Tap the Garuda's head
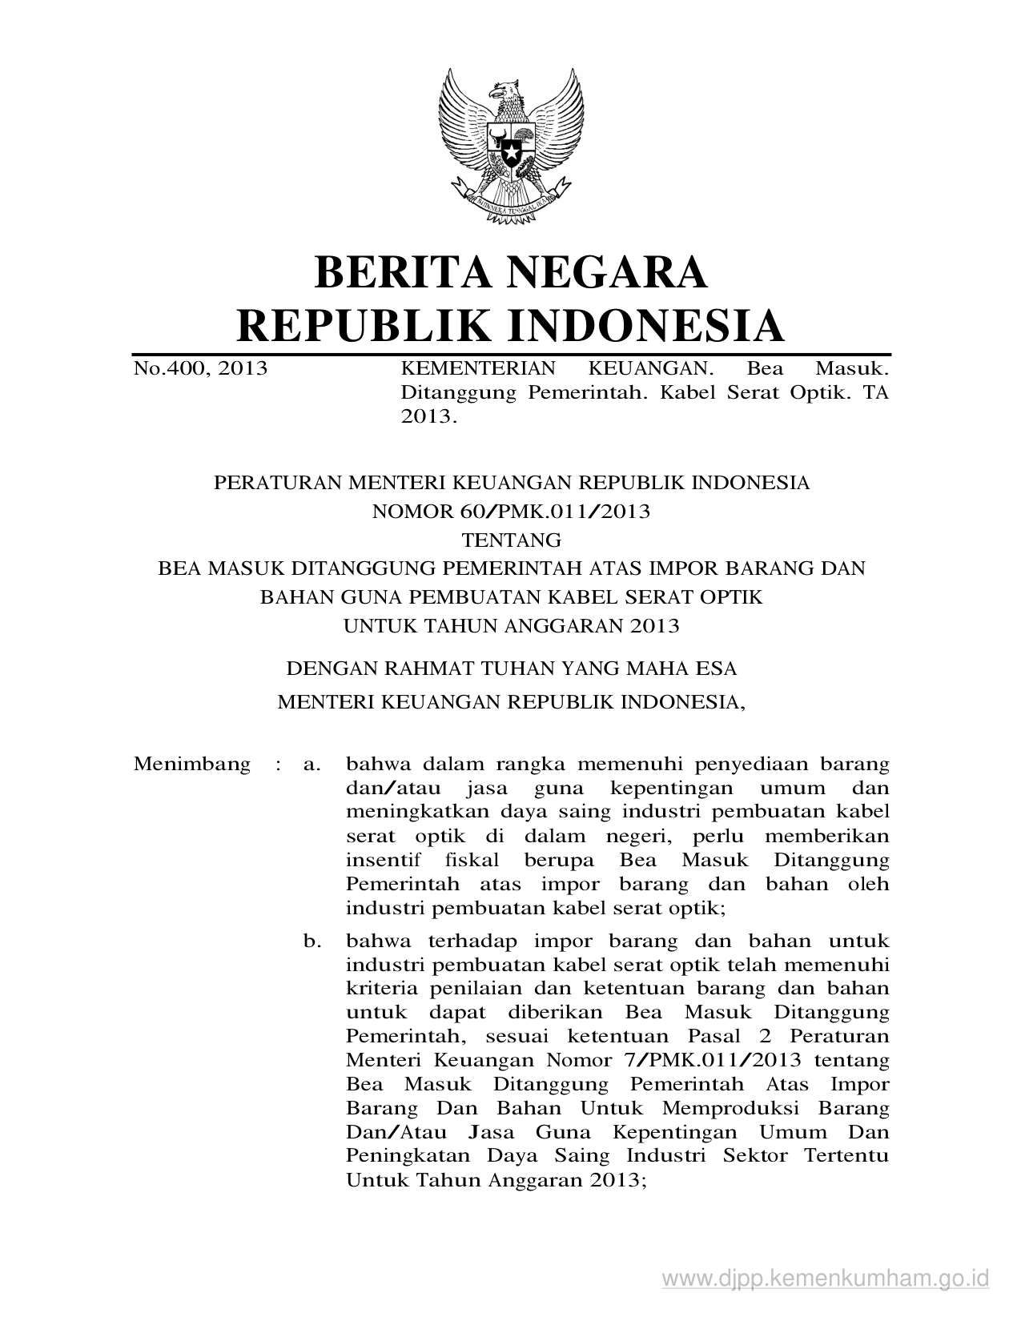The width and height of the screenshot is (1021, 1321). point(507,90)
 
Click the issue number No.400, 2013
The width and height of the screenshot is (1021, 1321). point(200,369)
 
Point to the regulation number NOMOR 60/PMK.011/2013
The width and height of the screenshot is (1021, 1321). point(511,512)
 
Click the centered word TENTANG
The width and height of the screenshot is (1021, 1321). point(511,540)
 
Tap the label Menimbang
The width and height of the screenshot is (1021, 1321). point(192,764)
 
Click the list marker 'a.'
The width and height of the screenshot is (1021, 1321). point(312,765)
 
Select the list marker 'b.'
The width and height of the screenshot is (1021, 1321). point(312,941)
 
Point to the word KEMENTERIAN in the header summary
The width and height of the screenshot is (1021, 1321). point(477,369)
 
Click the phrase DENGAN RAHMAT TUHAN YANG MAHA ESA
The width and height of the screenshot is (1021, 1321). point(511,668)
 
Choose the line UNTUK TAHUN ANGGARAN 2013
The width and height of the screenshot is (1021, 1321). point(511,626)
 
